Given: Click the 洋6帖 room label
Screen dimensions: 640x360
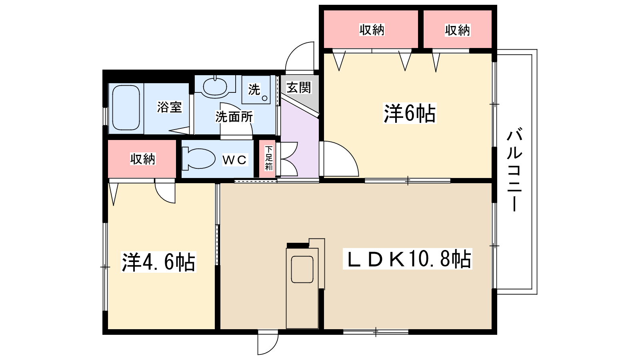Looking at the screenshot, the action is coord(410,114).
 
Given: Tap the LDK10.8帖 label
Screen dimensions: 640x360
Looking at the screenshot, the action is coord(408,259).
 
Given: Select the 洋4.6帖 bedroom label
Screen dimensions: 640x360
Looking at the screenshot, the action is coord(158,262).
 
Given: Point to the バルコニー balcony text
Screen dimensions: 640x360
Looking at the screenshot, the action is coord(514,170).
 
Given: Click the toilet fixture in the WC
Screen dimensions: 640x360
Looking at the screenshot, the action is coord(198,158).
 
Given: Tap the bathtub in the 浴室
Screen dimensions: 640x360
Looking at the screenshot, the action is coord(126,108).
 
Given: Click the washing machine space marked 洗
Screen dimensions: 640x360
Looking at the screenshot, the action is coord(256,90).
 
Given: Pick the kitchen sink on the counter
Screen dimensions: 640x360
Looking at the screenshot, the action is coord(302,270).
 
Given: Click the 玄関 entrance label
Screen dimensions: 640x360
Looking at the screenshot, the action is coord(298,88).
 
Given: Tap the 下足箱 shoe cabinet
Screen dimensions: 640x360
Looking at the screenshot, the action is coord(268,158).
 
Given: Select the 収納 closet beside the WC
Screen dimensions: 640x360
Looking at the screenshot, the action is coord(142,158).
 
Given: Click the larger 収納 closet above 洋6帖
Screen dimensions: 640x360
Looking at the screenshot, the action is coord(371,29).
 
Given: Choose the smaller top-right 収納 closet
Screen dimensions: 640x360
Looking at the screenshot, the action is coord(458,29).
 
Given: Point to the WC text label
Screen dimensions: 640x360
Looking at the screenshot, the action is coord(234,160).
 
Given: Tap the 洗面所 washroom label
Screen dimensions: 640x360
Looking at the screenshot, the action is coord(234,116).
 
